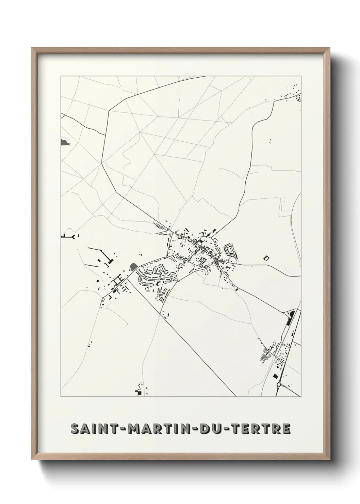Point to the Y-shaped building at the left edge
point(73,236)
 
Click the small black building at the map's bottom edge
point(138,393)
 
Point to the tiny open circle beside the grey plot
point(124,271)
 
